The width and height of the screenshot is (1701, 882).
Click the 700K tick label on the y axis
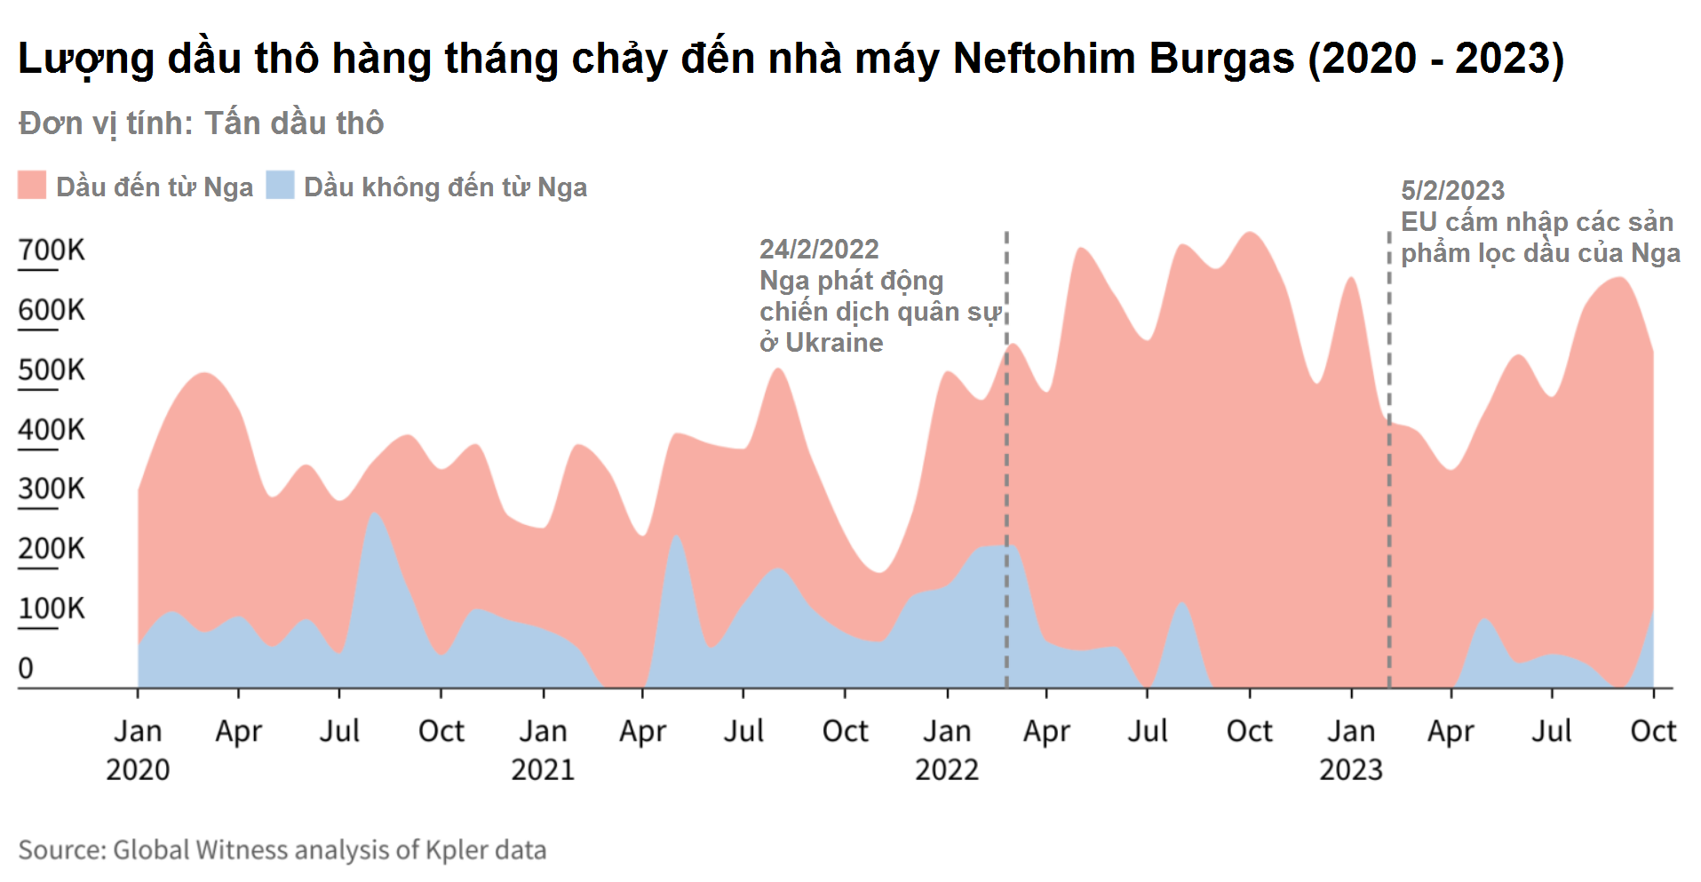coord(52,250)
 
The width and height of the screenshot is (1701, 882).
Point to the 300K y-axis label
coord(52,489)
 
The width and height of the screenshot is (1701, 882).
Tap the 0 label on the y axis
coord(26,668)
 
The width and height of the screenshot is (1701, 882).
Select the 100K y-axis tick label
coord(52,608)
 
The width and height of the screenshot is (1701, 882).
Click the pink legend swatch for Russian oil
coord(32,186)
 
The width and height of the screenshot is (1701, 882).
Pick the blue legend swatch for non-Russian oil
coord(280,186)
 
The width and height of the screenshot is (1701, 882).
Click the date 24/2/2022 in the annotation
coord(819,249)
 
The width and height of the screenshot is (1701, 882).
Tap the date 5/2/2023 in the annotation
coord(1452,190)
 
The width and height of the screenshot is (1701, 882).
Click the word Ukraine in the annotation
coord(834,343)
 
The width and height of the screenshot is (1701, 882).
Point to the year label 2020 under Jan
coord(138,769)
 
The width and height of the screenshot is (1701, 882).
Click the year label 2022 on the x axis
coord(947,769)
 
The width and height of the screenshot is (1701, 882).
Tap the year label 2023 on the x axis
coord(1351,769)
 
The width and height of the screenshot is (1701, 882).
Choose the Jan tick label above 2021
coord(543,731)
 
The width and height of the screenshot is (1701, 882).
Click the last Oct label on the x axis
coord(1653,731)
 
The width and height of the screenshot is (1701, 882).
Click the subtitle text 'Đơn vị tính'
coord(105,123)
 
